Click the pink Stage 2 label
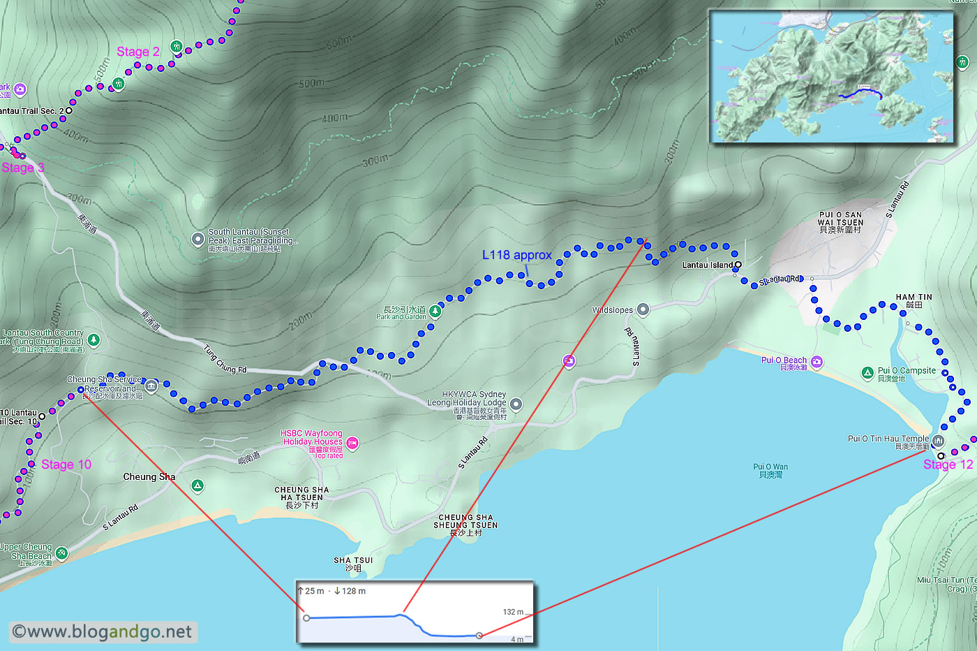point(137,52)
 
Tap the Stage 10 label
point(66,465)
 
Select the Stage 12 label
point(948,465)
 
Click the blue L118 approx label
point(516,255)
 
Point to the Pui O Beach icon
point(817,362)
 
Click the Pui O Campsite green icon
point(867,373)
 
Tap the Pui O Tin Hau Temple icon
point(939,441)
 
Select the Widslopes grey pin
point(643,309)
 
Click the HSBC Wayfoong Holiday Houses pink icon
point(352,442)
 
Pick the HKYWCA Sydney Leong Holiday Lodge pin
point(516,404)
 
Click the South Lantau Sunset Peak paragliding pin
point(198,240)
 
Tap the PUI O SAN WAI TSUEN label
point(840,222)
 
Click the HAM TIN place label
point(913,300)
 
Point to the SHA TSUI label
point(353,564)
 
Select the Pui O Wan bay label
point(770,470)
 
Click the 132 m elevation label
point(513,612)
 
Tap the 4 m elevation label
point(517,639)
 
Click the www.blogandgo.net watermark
point(103,632)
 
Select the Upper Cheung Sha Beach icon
point(61,553)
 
